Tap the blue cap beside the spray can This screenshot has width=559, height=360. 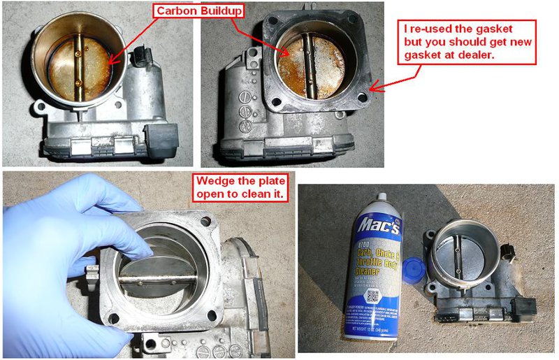(x=416, y=249)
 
